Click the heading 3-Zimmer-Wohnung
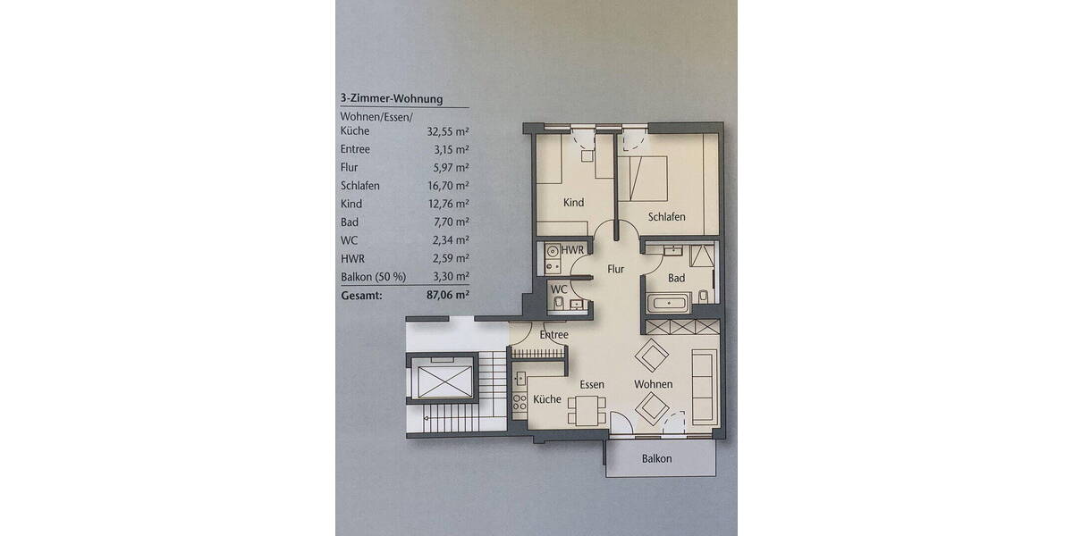(392, 100)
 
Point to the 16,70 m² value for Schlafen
(448, 186)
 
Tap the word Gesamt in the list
(361, 293)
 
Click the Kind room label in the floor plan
(573, 203)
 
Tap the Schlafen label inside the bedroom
(667, 217)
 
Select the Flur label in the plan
(615, 269)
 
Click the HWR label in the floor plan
(573, 251)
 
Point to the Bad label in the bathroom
(677, 278)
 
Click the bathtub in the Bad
(669, 304)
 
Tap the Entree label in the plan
(554, 335)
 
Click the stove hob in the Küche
(519, 402)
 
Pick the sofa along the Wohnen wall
(704, 387)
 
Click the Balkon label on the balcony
(656, 459)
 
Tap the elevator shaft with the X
(441, 380)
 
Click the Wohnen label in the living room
(653, 384)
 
